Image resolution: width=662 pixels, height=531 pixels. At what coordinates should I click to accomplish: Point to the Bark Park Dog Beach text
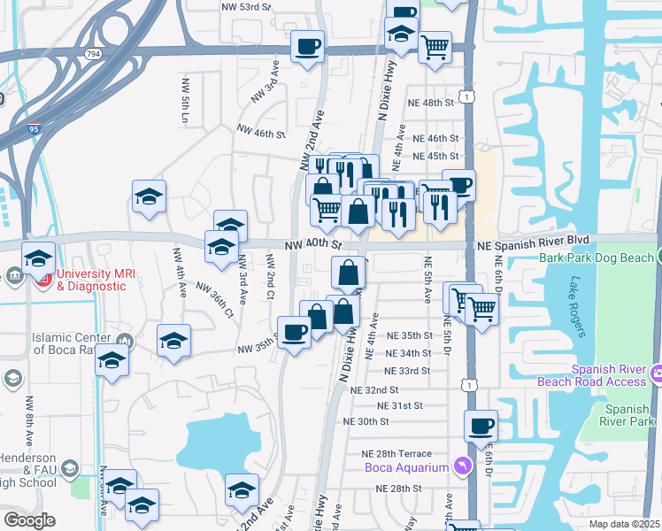point(595,258)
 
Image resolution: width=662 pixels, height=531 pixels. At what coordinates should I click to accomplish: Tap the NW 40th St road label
point(313,244)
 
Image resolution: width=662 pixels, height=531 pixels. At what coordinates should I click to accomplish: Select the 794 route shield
point(92,55)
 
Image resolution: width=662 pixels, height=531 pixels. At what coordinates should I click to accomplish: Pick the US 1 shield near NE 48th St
point(467,95)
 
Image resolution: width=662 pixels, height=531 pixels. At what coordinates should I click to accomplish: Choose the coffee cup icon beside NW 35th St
point(294,332)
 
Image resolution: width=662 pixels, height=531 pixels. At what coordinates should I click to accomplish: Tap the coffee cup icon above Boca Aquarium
point(481,426)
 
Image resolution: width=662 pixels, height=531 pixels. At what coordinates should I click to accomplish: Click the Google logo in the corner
point(29,520)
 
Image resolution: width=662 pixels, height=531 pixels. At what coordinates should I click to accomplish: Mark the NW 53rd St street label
point(245,5)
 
